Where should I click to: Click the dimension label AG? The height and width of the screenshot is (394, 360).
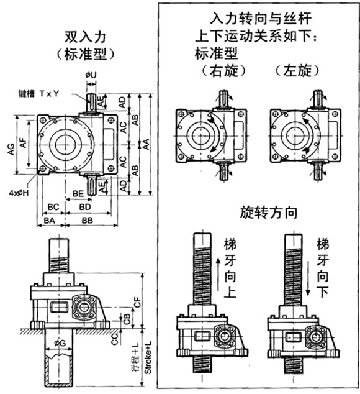click(12, 149)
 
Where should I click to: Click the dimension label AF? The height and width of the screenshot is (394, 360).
click(23, 143)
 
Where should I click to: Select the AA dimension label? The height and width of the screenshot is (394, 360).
click(146, 144)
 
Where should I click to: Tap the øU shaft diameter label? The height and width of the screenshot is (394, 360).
click(91, 75)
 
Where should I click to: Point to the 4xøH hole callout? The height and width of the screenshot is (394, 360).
click(19, 193)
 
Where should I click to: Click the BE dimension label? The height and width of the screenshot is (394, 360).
click(78, 193)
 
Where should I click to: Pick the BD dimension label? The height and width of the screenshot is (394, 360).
click(85, 207)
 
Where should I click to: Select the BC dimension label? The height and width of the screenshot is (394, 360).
click(53, 207)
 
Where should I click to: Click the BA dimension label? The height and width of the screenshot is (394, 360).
click(50, 221)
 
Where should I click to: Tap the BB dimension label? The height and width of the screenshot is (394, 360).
click(88, 221)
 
